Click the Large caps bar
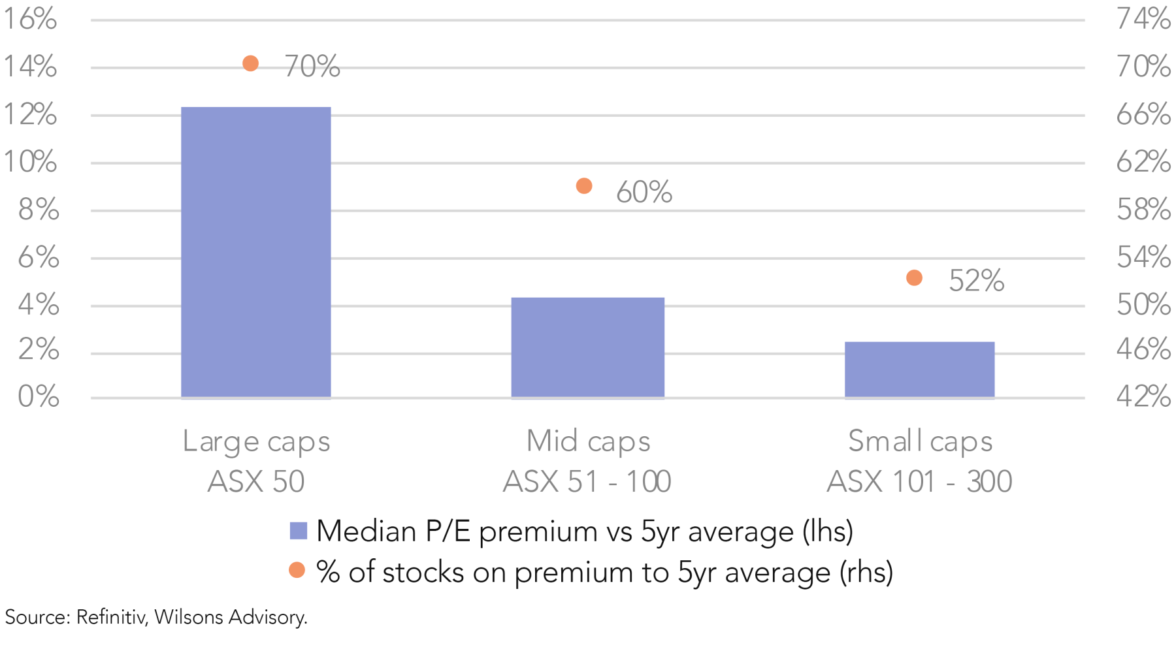point(255,252)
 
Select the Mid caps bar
point(587,347)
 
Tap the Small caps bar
point(919,370)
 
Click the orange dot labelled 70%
point(250,63)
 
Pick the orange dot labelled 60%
point(584,186)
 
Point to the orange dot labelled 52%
point(914,278)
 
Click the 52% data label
point(976,281)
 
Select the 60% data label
point(644,192)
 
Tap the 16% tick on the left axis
point(30,19)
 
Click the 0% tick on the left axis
point(39,396)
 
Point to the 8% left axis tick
point(39,210)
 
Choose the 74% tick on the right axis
point(1143,19)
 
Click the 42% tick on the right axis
point(1143,396)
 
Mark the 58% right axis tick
point(1143,210)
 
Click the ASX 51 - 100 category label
point(587,482)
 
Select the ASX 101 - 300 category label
point(919,482)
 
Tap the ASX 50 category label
point(256,482)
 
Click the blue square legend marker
point(299,531)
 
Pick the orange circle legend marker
point(297,570)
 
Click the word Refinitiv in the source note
point(110,617)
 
